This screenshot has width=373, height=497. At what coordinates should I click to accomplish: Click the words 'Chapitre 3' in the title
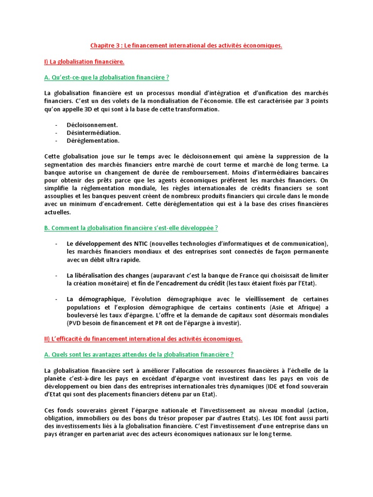click(105, 46)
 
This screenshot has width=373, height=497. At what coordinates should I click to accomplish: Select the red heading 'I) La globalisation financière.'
click(84, 62)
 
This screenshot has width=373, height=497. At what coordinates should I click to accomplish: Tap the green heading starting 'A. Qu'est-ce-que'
click(106, 78)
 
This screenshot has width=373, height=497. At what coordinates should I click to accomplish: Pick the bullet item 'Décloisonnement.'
click(92, 125)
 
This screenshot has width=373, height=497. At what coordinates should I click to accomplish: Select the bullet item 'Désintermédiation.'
click(93, 133)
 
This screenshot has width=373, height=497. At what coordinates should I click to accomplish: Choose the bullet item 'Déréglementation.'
click(93, 140)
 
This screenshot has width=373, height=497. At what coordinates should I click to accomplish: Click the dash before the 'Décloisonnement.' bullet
click(56, 125)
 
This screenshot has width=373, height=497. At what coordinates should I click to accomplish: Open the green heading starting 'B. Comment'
click(131, 228)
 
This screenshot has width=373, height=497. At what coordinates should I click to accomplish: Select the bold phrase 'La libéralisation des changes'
click(108, 275)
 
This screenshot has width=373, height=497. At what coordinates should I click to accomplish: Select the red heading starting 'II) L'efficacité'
click(143, 338)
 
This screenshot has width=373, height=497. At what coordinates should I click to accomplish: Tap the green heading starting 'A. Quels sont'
click(138, 354)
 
